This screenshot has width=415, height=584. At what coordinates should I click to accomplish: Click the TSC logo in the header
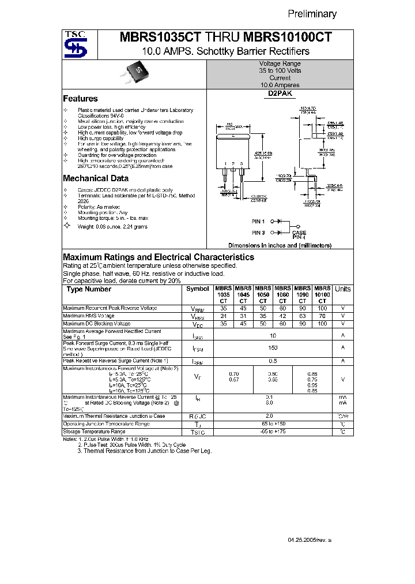76,45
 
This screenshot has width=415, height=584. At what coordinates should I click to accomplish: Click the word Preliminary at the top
312,14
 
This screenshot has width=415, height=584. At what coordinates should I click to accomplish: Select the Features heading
80,99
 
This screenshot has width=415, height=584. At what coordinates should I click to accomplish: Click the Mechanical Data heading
95,178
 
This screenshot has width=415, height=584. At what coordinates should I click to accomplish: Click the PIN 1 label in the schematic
258,222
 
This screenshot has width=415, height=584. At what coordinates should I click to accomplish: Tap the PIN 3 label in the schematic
258,232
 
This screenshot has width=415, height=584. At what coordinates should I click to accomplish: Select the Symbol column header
198,289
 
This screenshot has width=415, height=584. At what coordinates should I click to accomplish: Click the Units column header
342,289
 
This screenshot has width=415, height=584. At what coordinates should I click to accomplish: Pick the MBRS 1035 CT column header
223,294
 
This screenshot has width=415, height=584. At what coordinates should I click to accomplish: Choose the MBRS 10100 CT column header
322,294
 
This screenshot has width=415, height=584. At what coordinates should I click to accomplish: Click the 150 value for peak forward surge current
273,347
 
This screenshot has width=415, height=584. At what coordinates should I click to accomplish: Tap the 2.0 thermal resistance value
273,415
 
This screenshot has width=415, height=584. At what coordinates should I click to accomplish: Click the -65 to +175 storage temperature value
273,432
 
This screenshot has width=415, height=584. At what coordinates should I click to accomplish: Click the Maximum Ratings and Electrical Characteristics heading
158,257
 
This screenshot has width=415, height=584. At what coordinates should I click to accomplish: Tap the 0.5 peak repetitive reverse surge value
273,361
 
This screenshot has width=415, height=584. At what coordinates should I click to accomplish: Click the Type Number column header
89,289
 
